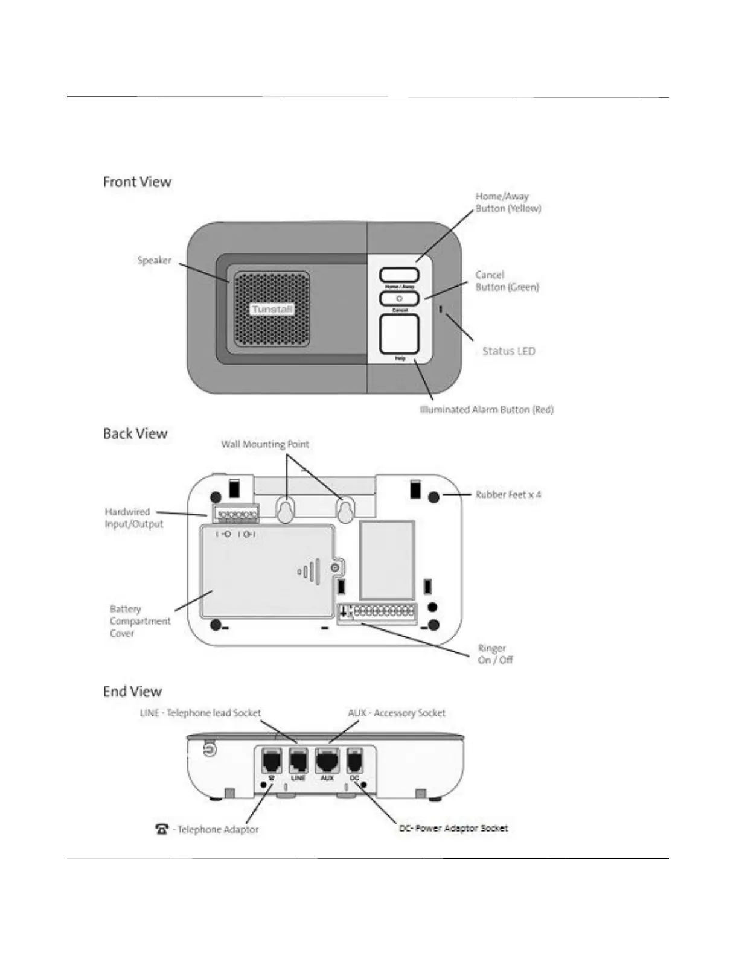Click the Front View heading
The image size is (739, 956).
[x=137, y=182]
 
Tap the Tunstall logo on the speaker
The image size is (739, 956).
[x=272, y=309]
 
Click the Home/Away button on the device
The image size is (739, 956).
[x=399, y=275]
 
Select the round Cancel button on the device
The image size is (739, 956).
[x=399, y=298]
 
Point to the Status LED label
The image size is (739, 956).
[x=508, y=351]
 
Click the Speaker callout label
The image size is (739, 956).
[x=154, y=260]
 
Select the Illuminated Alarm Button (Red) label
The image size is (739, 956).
[x=487, y=410]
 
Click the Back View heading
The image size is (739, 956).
[x=135, y=433]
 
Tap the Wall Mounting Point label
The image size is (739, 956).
[x=265, y=444]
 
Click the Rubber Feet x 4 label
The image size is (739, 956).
[x=508, y=494]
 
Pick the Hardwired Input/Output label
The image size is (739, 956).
[x=133, y=518]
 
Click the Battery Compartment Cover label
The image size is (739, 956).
[x=140, y=621]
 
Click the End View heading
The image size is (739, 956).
[x=132, y=692]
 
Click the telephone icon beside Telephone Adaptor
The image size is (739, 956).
[x=162, y=829]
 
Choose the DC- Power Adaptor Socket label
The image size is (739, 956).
[x=453, y=829]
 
